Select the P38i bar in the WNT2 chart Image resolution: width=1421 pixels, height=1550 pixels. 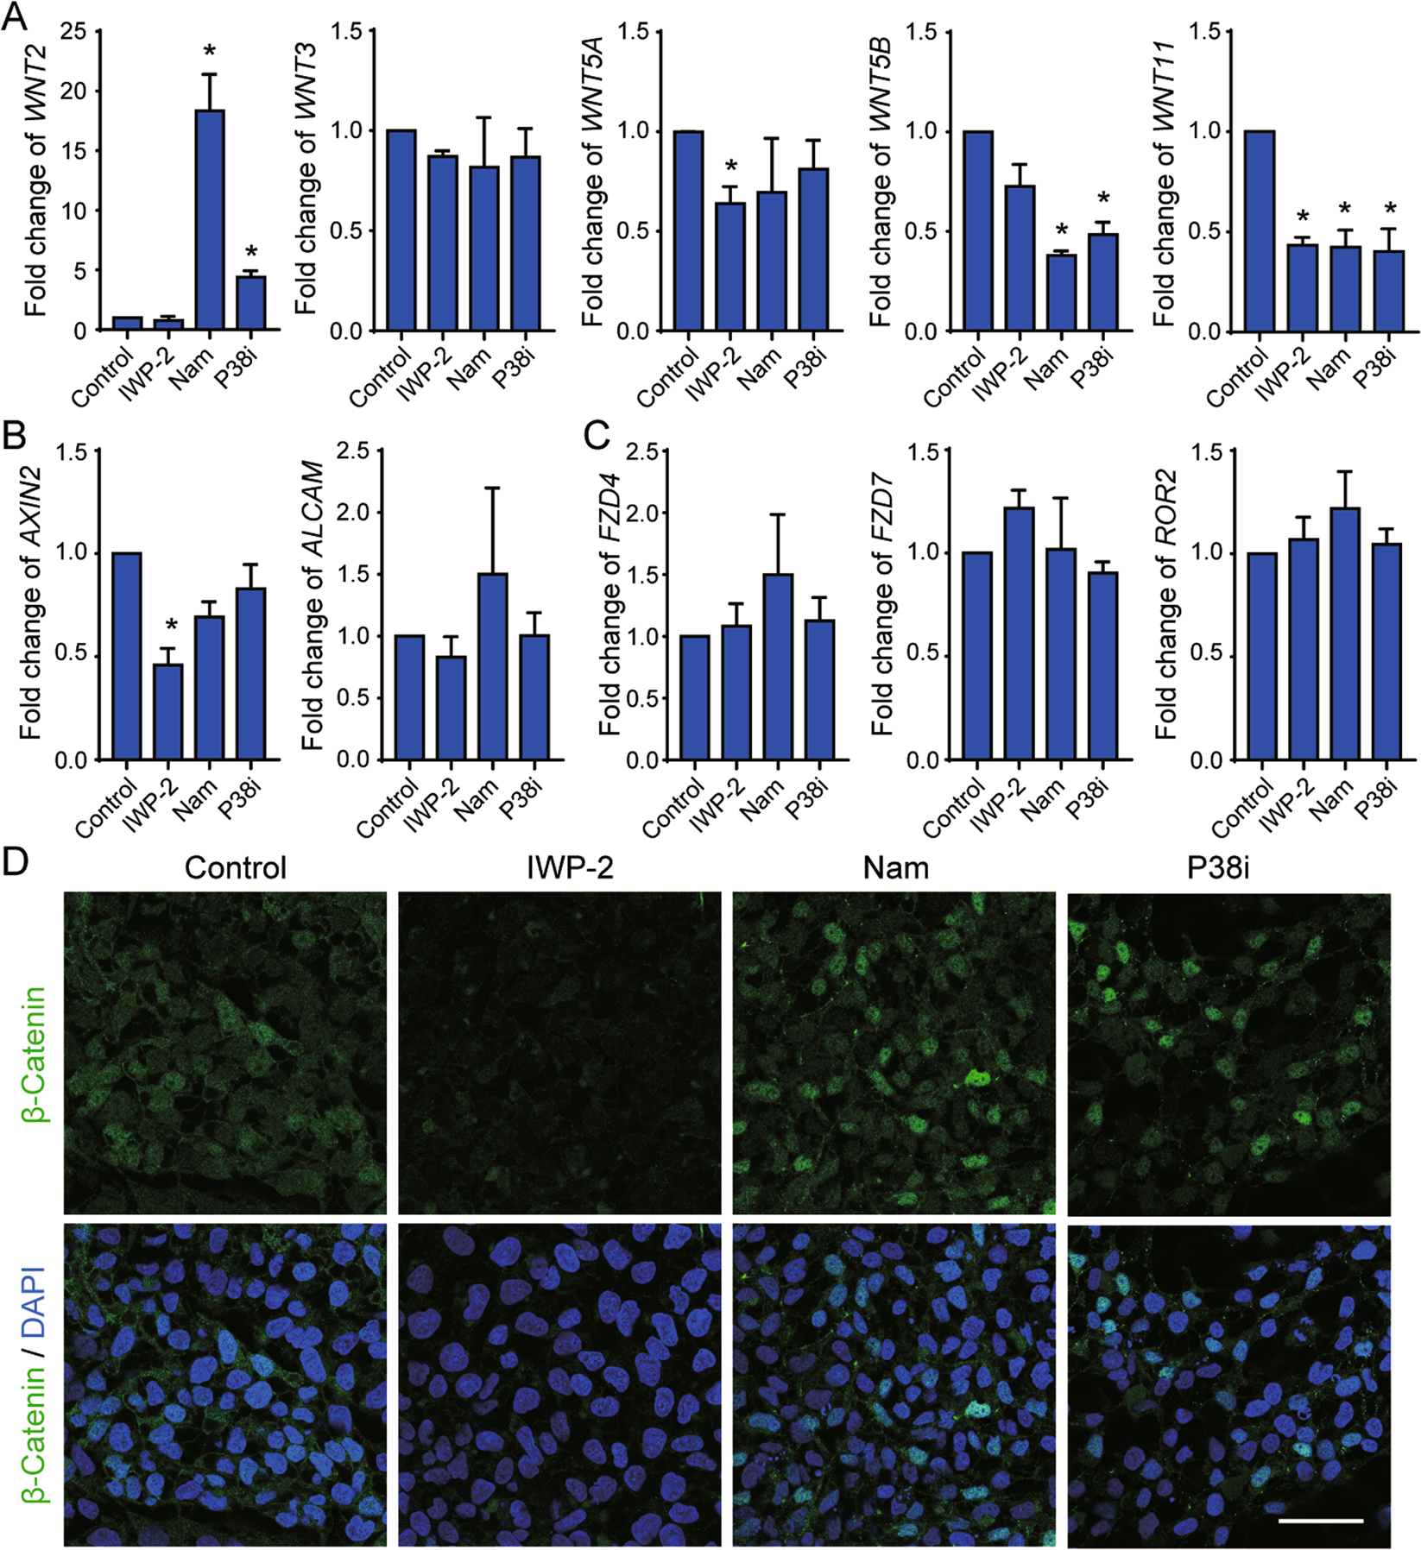(250, 303)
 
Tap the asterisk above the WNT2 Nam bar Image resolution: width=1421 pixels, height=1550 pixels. (210, 53)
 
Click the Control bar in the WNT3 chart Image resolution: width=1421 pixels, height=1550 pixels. (401, 230)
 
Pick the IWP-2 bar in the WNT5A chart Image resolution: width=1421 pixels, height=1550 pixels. (730, 267)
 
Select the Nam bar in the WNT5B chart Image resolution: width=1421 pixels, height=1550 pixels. (1061, 293)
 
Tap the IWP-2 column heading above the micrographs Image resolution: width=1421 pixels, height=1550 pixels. (570, 867)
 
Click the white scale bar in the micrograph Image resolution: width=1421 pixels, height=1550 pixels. (1320, 1521)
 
